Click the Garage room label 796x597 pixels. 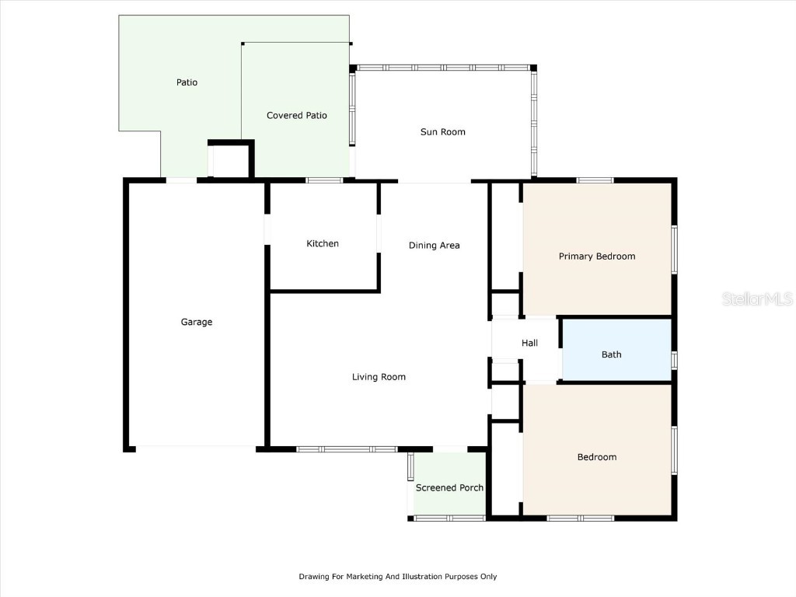197,322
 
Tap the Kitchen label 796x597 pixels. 323,243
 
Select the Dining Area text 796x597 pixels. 434,246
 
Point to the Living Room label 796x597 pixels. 379,377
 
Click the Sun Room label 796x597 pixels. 442,132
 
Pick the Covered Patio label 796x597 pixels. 297,116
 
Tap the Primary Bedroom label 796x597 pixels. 597,257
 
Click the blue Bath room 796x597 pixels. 616,350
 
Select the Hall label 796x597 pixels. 529,343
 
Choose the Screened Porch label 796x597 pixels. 449,488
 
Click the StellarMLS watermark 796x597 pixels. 757,298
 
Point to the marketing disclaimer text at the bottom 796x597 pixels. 397,577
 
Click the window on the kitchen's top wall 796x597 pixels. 324,180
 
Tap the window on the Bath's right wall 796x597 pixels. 674,360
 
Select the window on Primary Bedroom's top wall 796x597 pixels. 595,180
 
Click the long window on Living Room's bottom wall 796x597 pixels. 347,449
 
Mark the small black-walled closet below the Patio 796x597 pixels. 231,159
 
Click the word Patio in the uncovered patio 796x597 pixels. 187,82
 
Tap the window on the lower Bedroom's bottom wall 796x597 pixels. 580,518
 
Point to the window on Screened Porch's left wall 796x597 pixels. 410,466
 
